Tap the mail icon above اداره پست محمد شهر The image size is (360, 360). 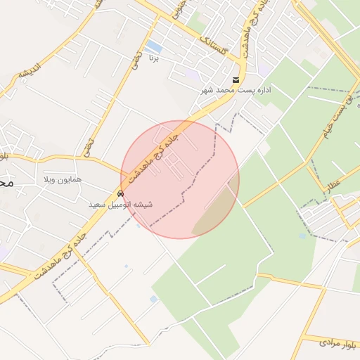236,79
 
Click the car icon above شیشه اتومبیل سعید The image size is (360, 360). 120,193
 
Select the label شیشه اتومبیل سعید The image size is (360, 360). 121,205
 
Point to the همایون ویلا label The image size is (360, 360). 63,179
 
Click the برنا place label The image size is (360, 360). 154,57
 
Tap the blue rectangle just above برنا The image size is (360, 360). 154,47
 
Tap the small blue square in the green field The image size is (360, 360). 302,236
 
